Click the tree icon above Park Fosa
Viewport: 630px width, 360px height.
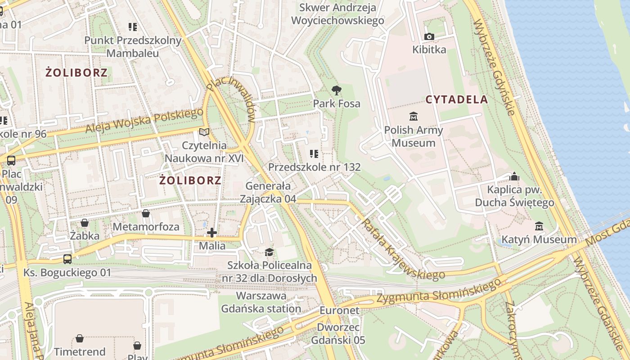click(x=336, y=90)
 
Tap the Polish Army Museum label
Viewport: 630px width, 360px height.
click(x=413, y=136)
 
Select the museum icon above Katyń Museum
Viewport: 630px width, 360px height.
click(x=539, y=226)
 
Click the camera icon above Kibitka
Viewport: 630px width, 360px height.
click(x=429, y=36)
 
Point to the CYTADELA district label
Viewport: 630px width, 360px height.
click(x=457, y=99)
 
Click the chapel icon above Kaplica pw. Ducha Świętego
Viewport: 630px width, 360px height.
click(x=514, y=176)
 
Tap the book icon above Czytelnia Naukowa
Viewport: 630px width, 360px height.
click(x=204, y=132)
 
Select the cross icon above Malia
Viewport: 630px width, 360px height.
click(x=212, y=233)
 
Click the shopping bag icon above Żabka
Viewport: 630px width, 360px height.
click(x=85, y=223)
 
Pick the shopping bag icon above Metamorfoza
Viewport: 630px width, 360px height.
click(x=145, y=213)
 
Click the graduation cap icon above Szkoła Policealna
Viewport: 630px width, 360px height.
click(x=269, y=252)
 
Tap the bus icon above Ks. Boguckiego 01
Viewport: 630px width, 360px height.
click(x=67, y=259)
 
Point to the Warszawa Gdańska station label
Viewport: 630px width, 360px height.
click(x=261, y=302)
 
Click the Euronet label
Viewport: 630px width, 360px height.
click(x=339, y=310)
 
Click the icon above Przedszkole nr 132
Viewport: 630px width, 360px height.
click(x=314, y=154)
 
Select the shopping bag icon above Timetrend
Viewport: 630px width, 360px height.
click(x=80, y=338)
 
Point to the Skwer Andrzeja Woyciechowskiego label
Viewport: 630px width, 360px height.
click(x=337, y=14)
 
